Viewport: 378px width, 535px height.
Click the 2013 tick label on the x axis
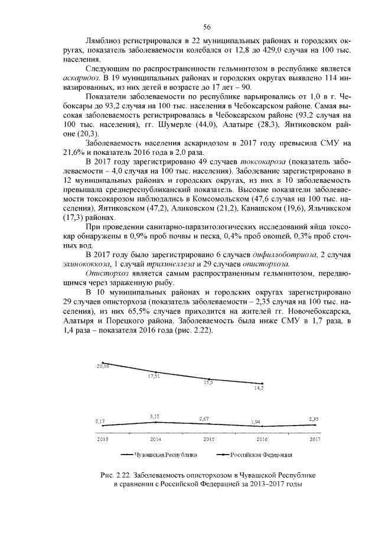click(x=103, y=439)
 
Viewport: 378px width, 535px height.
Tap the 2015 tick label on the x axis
click(x=208, y=439)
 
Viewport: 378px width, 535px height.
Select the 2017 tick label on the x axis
click(x=315, y=439)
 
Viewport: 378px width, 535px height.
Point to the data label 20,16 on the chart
click(x=103, y=367)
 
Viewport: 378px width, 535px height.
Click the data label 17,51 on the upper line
click(x=155, y=376)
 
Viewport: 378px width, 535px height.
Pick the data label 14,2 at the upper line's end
click(x=259, y=388)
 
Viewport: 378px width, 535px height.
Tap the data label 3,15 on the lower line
click(x=155, y=417)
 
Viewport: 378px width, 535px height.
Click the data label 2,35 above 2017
click(x=314, y=419)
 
